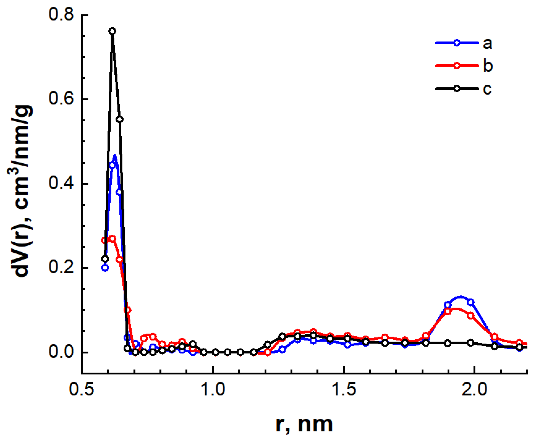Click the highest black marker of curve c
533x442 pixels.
112,31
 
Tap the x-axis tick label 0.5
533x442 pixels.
81,389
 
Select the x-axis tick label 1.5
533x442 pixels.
344,389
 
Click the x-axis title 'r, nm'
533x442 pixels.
304,424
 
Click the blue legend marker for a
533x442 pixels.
457,43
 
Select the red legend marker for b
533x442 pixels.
457,66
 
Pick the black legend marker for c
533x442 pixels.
457,88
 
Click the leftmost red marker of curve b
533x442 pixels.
104,240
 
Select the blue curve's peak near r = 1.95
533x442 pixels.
460,297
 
